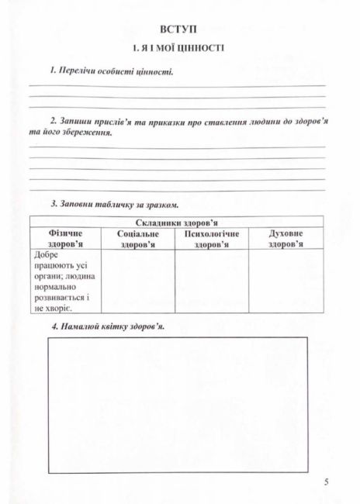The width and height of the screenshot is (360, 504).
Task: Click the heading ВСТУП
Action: (179, 29)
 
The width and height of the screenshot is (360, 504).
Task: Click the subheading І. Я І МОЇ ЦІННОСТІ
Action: (179, 48)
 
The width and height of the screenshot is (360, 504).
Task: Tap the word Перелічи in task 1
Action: (78, 71)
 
